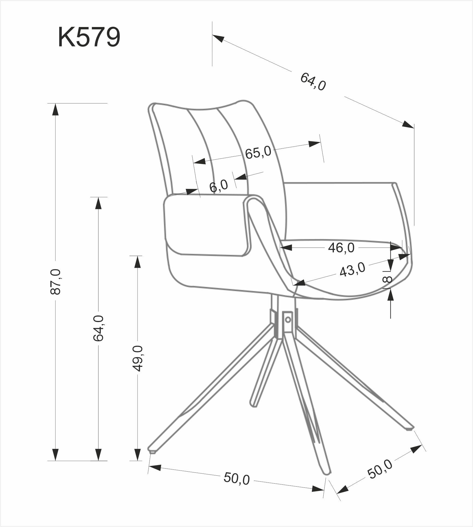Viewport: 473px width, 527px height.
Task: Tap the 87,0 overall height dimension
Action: (x=55, y=282)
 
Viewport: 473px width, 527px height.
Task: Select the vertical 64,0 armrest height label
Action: (x=98, y=328)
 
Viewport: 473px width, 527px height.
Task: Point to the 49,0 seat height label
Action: (x=137, y=358)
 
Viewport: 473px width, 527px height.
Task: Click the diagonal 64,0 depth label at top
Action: (x=313, y=82)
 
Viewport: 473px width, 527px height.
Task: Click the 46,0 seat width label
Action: (x=341, y=248)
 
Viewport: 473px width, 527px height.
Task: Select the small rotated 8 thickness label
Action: (x=387, y=279)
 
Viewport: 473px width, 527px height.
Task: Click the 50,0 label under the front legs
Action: (x=236, y=486)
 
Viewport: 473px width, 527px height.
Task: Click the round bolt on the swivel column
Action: (x=288, y=319)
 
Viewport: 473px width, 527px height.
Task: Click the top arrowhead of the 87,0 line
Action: (x=55, y=109)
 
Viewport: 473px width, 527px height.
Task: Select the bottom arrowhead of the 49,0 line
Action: (x=137, y=455)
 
